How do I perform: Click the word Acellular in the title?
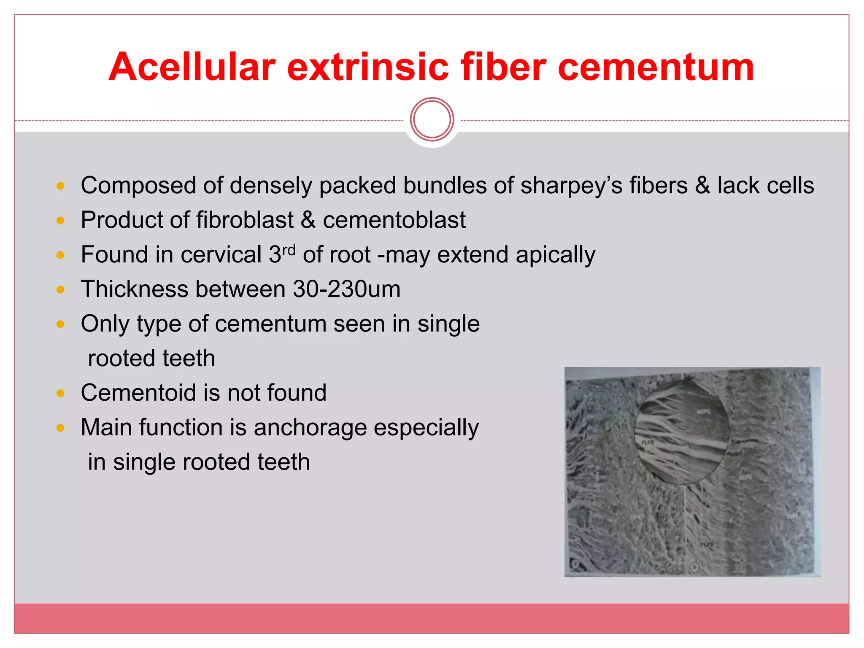click(x=192, y=67)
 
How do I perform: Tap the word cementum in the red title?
click(x=656, y=67)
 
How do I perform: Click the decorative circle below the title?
click(x=432, y=119)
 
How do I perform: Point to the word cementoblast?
click(x=394, y=220)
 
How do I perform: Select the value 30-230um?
click(x=346, y=289)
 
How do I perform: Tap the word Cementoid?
click(x=139, y=393)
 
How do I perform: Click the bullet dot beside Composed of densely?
click(x=60, y=186)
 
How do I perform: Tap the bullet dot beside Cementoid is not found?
click(x=60, y=394)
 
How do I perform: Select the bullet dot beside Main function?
click(x=60, y=428)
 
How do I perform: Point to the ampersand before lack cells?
click(x=702, y=186)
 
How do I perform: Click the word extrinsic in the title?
click(x=367, y=67)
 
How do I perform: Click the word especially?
click(x=426, y=428)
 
